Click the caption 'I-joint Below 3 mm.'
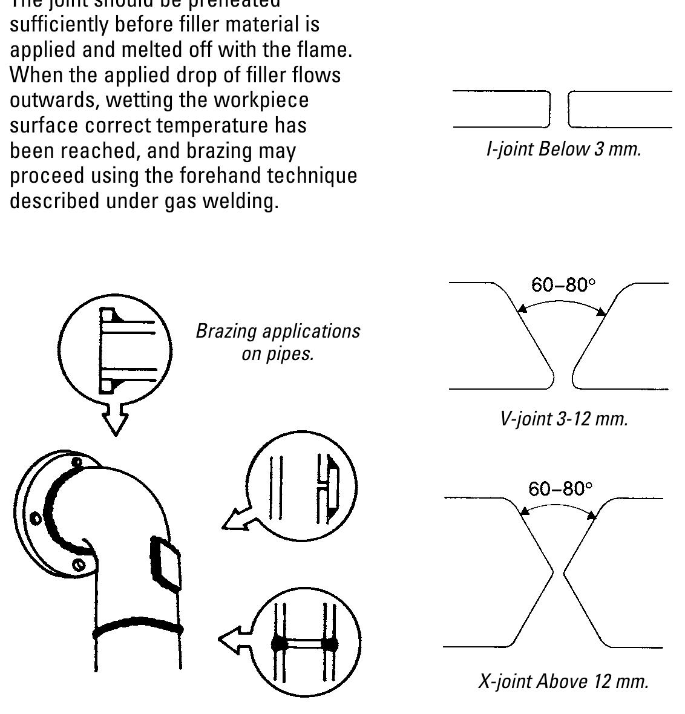coord(563,149)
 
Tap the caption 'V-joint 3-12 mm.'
coord(563,418)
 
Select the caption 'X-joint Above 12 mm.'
coord(563,681)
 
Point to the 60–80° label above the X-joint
coord(560,488)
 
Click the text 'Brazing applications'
coord(277,331)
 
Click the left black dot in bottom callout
coord(279,643)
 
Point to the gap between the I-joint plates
coord(559,110)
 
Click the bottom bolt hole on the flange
coord(78,565)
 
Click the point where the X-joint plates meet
coord(558,572)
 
